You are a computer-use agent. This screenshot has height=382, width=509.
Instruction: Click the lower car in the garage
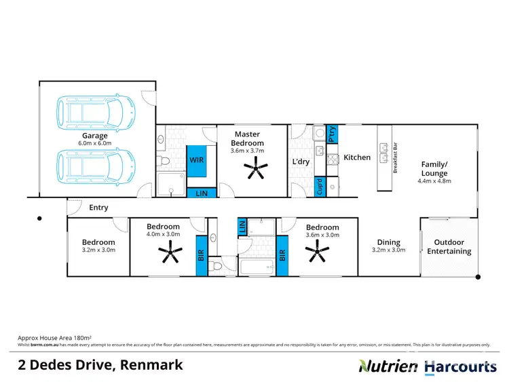[x=96, y=166]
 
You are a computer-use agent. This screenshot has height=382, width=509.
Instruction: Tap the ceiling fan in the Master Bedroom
[x=256, y=168]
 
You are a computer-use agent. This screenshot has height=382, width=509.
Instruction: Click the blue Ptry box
[x=332, y=134]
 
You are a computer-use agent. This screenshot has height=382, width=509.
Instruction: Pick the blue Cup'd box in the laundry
[x=320, y=185]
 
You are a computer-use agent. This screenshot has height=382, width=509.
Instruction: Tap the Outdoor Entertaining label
[x=449, y=247]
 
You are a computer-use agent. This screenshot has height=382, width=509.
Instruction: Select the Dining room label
[x=388, y=242]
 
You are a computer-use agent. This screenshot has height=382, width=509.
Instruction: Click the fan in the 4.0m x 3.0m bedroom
[x=168, y=254]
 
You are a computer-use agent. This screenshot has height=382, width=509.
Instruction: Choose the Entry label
[x=98, y=208]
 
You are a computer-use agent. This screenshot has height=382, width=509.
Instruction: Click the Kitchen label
[x=357, y=157]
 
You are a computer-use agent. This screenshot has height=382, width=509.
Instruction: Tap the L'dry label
[x=301, y=161]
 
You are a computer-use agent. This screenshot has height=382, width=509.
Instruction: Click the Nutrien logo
[x=388, y=366]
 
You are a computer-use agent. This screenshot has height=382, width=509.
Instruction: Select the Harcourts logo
[x=460, y=366]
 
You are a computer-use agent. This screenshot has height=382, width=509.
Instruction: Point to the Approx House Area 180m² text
[x=54, y=337]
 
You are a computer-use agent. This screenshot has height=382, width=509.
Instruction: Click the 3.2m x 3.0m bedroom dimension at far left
[x=98, y=250]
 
